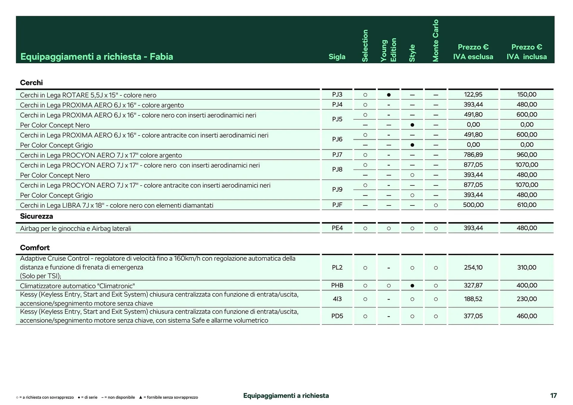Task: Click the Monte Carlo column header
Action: point(436,41)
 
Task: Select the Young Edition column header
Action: point(389,50)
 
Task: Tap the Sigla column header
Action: point(337,57)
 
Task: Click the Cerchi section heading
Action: point(31,83)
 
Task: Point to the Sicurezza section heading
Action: point(36,216)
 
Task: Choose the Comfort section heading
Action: point(35,248)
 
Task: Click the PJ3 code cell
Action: point(337,95)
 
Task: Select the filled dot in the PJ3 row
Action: point(389,95)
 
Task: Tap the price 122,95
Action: point(473,95)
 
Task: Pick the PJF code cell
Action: point(337,205)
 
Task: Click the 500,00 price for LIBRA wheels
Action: point(473,205)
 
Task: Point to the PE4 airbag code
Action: point(337,228)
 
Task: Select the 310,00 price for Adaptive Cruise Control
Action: point(527,268)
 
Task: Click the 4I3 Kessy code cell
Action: point(337,299)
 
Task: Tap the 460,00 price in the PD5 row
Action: point(527,316)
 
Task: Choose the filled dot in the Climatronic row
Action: point(412,286)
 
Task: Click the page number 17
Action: point(553,395)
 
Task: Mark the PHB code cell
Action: point(337,285)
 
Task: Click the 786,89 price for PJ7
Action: point(473,155)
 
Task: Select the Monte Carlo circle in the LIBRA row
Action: point(436,205)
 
